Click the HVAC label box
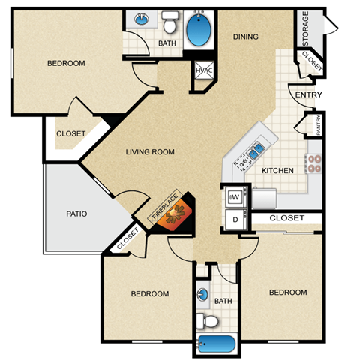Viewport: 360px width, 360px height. [x=203, y=70]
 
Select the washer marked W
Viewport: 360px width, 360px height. [x=235, y=196]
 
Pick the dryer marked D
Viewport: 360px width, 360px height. [x=235, y=220]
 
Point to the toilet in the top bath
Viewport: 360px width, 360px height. [x=169, y=25]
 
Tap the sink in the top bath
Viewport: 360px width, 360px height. [x=141, y=18]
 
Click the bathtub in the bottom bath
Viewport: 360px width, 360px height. [x=217, y=344]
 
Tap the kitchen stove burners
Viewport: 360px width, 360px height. [x=313, y=163]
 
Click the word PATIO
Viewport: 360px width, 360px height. [x=76, y=214]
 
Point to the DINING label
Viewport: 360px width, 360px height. [x=245, y=36]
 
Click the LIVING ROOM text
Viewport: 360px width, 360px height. [x=149, y=152]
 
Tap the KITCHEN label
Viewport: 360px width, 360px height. [x=277, y=171]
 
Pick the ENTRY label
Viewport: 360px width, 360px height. [x=304, y=95]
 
